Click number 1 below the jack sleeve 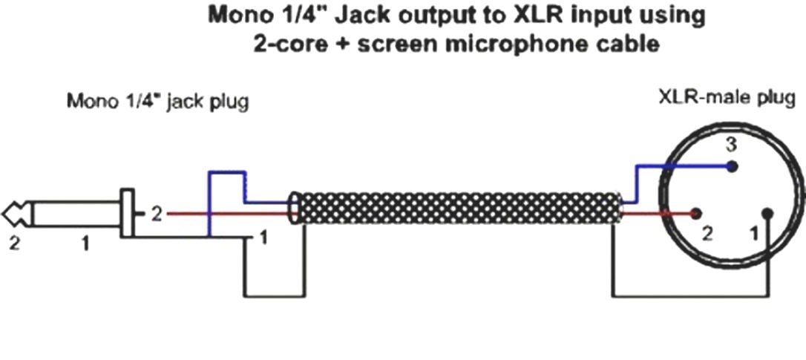[85, 242]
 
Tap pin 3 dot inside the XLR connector [733, 167]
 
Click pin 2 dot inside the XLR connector [695, 214]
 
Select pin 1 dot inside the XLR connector [767, 215]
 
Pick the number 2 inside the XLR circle [707, 235]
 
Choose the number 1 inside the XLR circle [755, 235]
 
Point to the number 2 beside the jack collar [156, 214]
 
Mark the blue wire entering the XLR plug [646, 168]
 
